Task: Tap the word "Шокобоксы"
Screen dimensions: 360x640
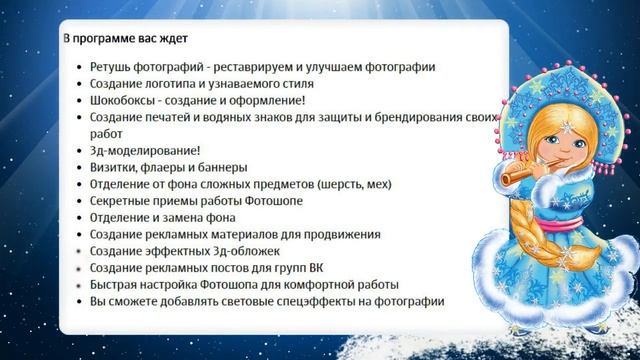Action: coord(121,100)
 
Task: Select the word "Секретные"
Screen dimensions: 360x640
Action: coord(120,201)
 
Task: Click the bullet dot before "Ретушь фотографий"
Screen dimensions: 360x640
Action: coord(79,68)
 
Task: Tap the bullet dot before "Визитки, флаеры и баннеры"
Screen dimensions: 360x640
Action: coord(79,168)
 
